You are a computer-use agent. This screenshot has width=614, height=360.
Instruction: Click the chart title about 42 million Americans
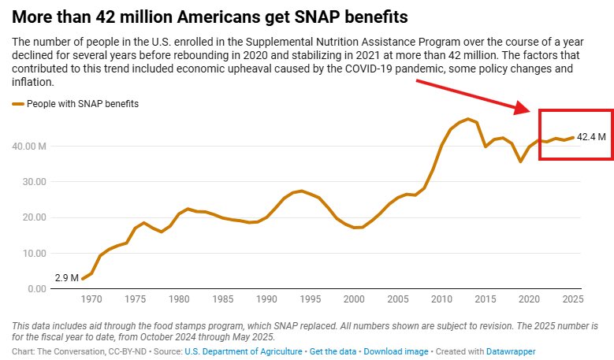click(x=208, y=16)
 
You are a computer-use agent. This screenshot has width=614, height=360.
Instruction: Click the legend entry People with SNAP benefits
click(x=76, y=103)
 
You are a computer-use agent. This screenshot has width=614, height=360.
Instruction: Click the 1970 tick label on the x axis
click(x=91, y=300)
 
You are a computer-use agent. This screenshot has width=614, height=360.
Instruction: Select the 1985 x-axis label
click(x=223, y=300)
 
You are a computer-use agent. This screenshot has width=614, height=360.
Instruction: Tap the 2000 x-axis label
click(x=355, y=300)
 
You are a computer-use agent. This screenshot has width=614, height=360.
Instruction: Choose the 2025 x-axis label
click(x=574, y=300)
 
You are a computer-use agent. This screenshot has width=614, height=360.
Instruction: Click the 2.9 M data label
click(x=67, y=278)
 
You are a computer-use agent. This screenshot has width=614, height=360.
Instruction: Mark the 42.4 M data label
click(x=591, y=136)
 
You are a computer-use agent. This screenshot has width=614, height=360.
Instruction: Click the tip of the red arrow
click(x=534, y=111)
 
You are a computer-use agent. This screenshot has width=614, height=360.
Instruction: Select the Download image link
click(x=396, y=351)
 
